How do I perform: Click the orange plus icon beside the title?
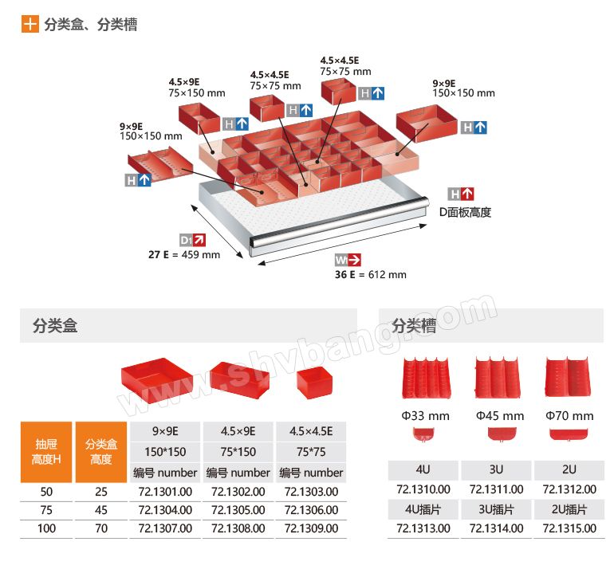(30, 24)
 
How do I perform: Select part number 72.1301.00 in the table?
(165, 492)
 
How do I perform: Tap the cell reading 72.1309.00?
(311, 528)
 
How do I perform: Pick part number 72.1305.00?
(238, 510)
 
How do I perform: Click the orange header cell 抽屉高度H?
(46, 452)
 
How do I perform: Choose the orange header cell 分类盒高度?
(100, 452)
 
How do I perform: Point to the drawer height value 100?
(46, 528)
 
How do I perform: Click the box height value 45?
(100, 510)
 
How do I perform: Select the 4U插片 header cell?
(423, 508)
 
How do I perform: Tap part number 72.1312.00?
(569, 489)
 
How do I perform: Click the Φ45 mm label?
(500, 416)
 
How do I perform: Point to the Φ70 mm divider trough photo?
(569, 376)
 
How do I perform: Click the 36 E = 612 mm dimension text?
(370, 274)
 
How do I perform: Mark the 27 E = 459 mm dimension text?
(183, 255)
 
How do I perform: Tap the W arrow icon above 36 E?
(348, 259)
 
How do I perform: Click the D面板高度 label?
(465, 212)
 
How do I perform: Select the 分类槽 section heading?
(414, 325)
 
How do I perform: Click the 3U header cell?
(496, 470)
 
